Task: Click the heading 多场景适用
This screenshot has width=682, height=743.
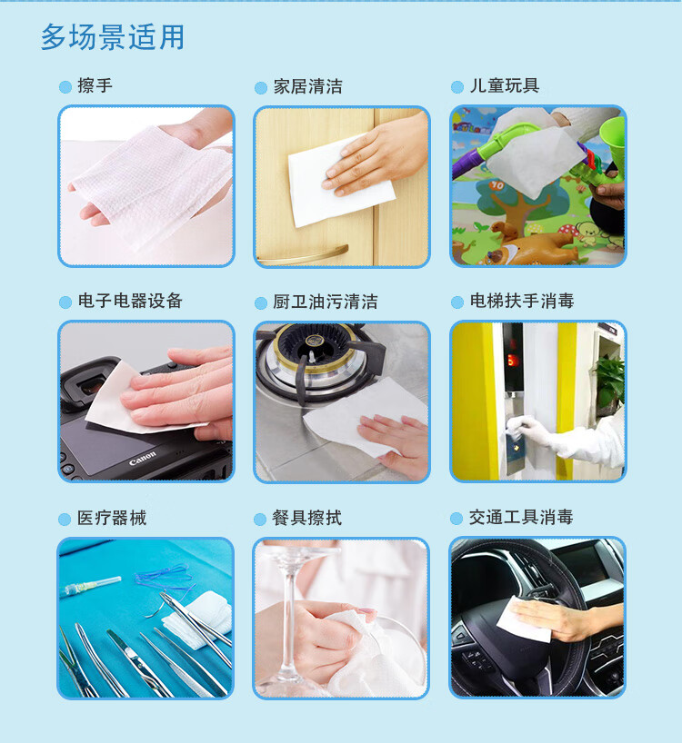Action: click(113, 37)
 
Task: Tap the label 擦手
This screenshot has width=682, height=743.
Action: click(95, 85)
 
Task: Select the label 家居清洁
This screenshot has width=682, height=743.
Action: click(307, 86)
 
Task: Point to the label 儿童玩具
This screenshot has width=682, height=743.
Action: click(504, 85)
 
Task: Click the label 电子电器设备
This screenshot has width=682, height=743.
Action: click(130, 301)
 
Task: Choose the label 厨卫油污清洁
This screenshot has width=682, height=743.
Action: click(326, 302)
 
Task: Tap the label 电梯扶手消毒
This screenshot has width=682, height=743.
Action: click(522, 301)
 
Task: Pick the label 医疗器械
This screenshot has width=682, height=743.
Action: click(112, 518)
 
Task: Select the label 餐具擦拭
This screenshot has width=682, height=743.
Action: click(306, 518)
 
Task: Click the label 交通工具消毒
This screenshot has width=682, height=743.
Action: click(521, 517)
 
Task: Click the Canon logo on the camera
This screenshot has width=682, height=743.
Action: click(142, 458)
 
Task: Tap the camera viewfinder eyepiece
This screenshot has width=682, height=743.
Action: click(90, 385)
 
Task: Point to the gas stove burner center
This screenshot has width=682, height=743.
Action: click(313, 342)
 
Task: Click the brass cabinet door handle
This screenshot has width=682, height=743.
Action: click(304, 256)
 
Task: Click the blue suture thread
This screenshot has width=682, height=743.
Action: click(164, 578)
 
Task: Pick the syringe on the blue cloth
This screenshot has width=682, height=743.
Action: click(91, 586)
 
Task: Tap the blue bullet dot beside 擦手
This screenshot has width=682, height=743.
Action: click(65, 87)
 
